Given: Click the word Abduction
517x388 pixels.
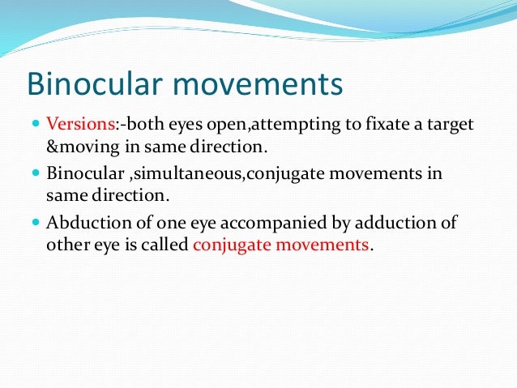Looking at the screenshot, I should click(83, 224).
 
